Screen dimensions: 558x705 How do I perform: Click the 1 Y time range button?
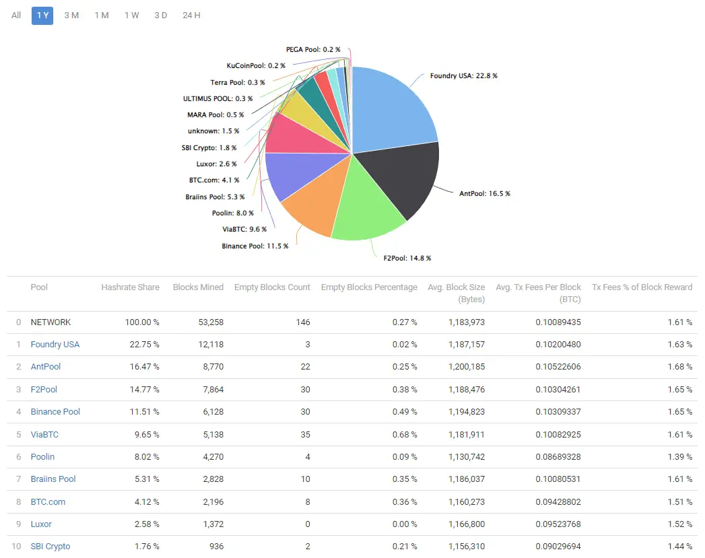(x=42, y=15)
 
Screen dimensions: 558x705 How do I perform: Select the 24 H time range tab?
(x=191, y=15)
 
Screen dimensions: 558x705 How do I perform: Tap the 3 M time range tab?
(x=71, y=15)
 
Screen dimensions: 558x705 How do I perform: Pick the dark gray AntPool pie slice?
(x=404, y=178)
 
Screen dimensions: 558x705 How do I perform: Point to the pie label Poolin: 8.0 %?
(x=232, y=213)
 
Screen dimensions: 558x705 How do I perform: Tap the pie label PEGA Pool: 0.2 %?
(x=312, y=50)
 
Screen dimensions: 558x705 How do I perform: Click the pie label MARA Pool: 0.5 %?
(x=215, y=114)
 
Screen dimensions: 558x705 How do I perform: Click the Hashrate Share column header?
(x=130, y=287)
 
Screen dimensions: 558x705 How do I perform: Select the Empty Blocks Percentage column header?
(x=369, y=287)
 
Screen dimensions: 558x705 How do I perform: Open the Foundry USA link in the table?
(x=55, y=345)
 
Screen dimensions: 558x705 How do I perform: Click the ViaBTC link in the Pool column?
(x=44, y=434)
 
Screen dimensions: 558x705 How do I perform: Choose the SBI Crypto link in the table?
(x=51, y=547)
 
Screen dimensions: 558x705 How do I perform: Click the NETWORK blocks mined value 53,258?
(x=209, y=322)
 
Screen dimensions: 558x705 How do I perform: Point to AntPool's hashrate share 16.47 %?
(x=143, y=367)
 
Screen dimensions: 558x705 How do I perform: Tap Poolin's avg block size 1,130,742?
(x=466, y=456)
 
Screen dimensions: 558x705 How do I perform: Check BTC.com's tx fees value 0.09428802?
(x=558, y=501)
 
